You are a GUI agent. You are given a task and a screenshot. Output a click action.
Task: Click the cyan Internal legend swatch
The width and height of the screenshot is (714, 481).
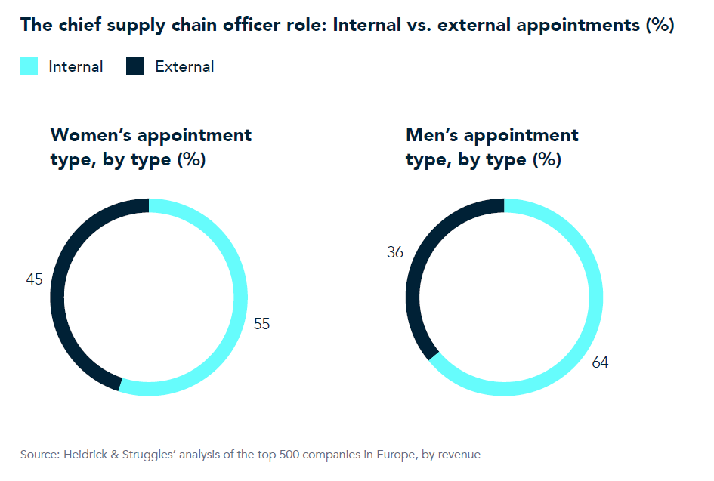pyautogui.click(x=29, y=66)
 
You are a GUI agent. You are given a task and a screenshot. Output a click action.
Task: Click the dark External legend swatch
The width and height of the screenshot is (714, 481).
pyautogui.click(x=135, y=66)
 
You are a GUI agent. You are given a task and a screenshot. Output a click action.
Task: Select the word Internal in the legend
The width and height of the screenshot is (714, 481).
pyautogui.click(x=76, y=66)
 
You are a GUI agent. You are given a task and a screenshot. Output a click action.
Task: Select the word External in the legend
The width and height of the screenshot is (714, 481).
pyautogui.click(x=184, y=66)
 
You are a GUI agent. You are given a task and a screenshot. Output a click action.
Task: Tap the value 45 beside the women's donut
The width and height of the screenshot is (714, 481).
pyautogui.click(x=35, y=279)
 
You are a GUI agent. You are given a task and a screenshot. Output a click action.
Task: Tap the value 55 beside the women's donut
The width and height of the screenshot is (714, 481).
pyautogui.click(x=261, y=324)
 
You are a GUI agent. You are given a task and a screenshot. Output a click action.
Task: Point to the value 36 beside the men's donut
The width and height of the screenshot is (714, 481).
pyautogui.click(x=395, y=252)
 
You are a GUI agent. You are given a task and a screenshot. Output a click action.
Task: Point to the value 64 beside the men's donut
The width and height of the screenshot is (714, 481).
pyautogui.click(x=600, y=362)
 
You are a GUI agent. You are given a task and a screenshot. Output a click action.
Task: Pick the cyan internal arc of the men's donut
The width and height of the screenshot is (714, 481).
pyautogui.click(x=596, y=297)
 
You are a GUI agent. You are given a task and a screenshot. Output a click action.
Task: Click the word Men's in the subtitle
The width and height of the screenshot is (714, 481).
pyautogui.click(x=431, y=136)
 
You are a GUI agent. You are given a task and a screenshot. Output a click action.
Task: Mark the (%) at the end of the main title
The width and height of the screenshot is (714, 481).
pyautogui.click(x=660, y=25)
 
